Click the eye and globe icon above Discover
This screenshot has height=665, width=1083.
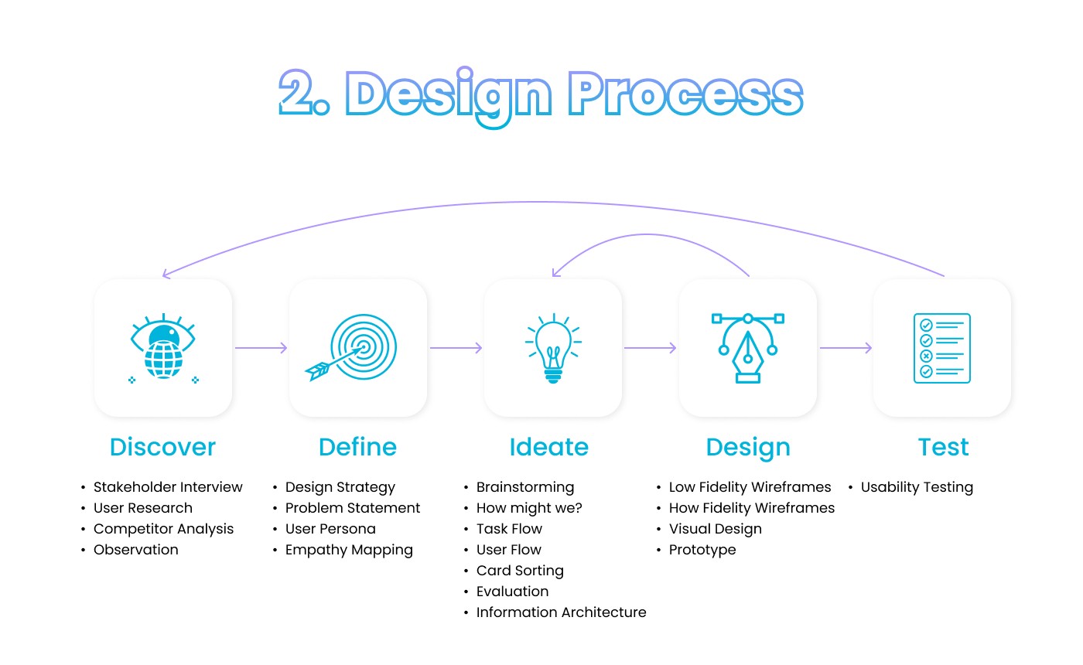click(x=162, y=348)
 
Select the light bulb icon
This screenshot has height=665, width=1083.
click(x=552, y=348)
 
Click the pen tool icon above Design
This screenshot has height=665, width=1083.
click(x=747, y=348)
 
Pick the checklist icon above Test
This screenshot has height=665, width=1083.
click(x=941, y=348)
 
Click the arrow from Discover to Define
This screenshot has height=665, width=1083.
click(x=261, y=348)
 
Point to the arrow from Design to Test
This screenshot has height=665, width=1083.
click(x=846, y=348)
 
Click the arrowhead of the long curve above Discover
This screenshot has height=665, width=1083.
click(x=166, y=275)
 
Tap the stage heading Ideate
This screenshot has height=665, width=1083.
click(x=548, y=447)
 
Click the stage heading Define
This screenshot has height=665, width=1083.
click(x=357, y=447)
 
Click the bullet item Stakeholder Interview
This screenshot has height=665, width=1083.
click(x=168, y=487)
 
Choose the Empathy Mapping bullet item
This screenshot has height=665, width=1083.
click(x=349, y=550)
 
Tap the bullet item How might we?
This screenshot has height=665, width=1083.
click(x=529, y=508)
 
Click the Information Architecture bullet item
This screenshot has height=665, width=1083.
click(x=561, y=612)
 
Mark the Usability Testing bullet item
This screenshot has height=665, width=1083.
click(x=917, y=487)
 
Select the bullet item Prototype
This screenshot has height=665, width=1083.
click(x=702, y=550)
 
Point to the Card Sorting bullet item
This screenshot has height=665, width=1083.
click(x=520, y=571)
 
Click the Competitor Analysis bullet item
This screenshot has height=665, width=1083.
click(x=163, y=529)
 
